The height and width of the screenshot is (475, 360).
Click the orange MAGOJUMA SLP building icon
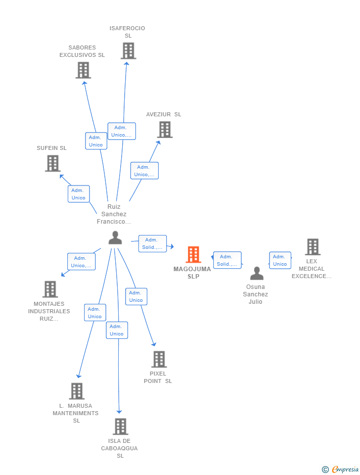point(193,254)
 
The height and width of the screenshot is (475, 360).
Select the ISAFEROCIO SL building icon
point(129,51)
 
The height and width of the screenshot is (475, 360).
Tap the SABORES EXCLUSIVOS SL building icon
point(83,70)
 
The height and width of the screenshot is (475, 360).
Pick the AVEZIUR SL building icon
point(165,130)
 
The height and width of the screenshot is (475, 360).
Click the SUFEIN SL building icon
point(53,163)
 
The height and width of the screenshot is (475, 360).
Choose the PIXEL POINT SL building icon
point(159,359)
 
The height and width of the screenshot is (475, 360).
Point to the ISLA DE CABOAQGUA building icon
point(121,427)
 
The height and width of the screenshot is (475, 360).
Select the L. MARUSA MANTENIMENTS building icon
point(77,391)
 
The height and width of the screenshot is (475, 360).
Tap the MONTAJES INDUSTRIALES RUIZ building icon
point(50,289)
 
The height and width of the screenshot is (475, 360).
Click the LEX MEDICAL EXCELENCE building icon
point(313,247)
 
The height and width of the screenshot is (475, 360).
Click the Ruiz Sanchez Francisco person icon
point(115,237)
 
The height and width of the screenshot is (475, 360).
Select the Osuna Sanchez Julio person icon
point(257,273)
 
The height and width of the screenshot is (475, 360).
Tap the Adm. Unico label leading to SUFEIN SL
point(79,194)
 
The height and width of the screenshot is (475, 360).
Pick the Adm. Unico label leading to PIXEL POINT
point(136,296)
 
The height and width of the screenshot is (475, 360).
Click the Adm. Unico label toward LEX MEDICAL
point(280,260)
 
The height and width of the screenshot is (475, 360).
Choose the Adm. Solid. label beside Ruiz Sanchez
point(153,243)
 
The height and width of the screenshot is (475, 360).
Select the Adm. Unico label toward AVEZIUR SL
point(144,171)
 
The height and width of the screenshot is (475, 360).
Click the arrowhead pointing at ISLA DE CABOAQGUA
point(119,412)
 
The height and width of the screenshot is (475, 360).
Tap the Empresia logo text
point(345,469)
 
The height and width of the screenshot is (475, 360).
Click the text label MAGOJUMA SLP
point(192,273)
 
